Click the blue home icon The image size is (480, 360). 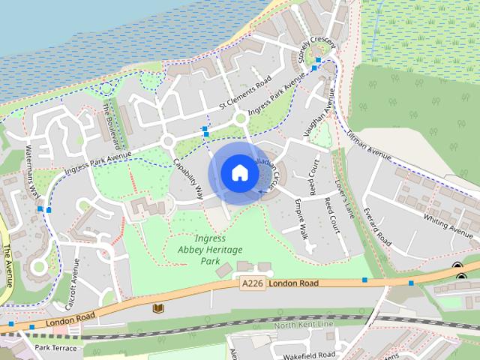click(239, 173)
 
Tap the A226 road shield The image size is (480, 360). click(253, 283)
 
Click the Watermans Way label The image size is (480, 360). click(33, 170)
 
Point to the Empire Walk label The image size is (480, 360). click(302, 218)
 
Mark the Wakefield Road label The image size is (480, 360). click(310, 354)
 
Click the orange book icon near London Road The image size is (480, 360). click(157, 307)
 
